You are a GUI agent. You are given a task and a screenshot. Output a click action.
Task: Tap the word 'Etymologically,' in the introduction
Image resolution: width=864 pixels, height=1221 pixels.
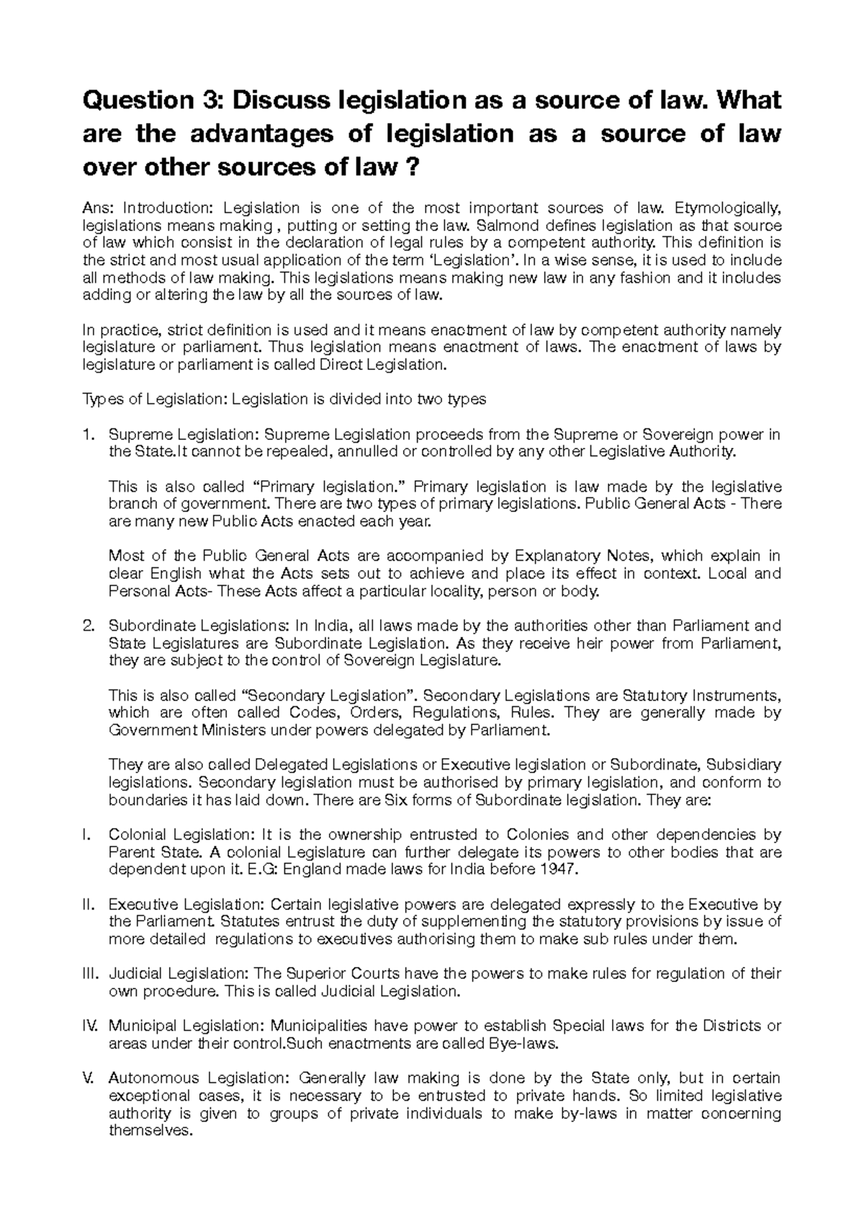tap(727, 208)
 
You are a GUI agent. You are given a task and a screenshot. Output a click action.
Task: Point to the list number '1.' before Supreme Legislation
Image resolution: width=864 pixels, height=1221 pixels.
tap(89, 434)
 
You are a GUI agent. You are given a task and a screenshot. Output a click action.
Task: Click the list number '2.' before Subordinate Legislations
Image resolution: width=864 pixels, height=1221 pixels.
tap(89, 626)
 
